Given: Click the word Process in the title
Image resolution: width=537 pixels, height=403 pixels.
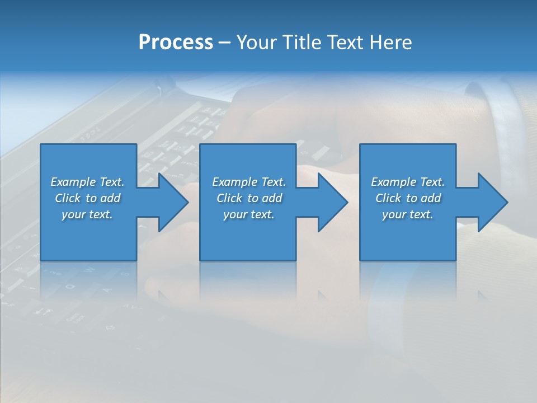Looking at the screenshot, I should (x=176, y=43).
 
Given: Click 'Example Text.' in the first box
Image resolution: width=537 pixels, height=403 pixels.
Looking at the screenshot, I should (x=87, y=182).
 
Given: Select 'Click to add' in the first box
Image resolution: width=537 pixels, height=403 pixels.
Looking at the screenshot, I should (x=87, y=198).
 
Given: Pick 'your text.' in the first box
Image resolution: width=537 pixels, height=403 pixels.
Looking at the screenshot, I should (x=87, y=214).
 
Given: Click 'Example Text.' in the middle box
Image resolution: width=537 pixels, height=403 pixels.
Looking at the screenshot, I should (x=249, y=182).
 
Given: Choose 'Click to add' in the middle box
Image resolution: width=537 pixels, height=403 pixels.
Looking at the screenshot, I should (x=249, y=198).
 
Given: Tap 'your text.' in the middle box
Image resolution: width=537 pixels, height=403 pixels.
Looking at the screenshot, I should (x=249, y=214).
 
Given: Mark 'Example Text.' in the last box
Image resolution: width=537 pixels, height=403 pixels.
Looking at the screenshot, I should (x=408, y=182).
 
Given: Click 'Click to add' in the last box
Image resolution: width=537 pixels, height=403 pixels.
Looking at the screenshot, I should (x=408, y=198).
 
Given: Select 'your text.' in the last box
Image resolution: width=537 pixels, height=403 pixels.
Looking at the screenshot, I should (x=408, y=214).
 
